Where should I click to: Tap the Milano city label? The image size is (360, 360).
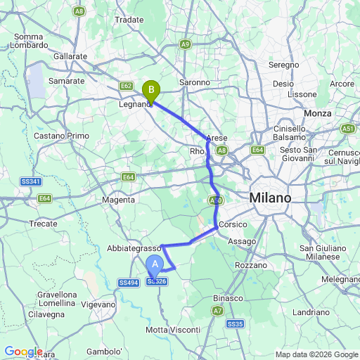pyautogui.click(x=270, y=199)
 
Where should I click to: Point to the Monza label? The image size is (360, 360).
pyautogui.click(x=317, y=113)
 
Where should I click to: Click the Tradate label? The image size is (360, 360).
pyautogui.click(x=129, y=20)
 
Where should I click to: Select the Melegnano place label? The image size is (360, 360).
pyautogui.click(x=341, y=279)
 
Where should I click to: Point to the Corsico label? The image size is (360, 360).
pyautogui.click(x=233, y=224)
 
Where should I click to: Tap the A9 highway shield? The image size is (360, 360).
pyautogui.click(x=185, y=44)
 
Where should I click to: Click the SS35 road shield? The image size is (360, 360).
pyautogui.click(x=235, y=323)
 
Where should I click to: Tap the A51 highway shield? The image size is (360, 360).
pyautogui.click(x=347, y=129)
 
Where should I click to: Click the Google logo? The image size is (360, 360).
pyautogui.click(x=23, y=352)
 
